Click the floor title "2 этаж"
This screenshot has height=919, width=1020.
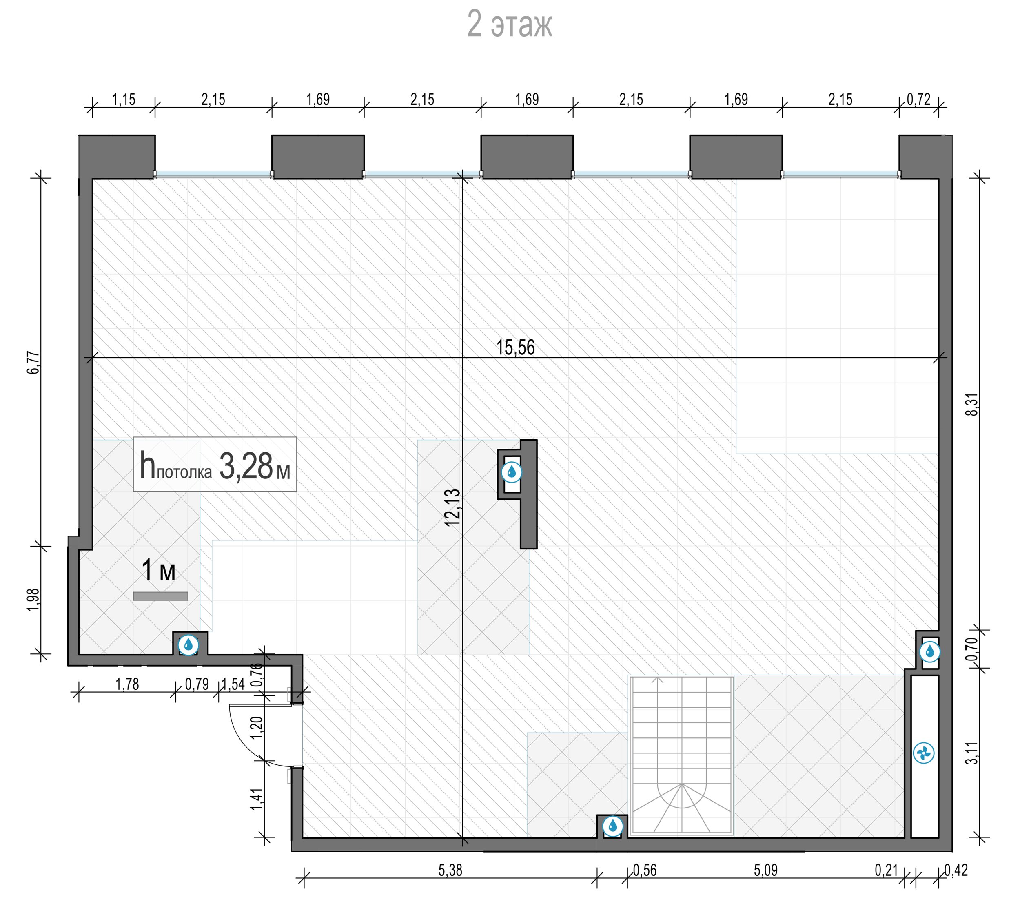point(510,24)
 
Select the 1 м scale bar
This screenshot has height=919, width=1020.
point(161,596)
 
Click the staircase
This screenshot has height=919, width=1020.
point(681,756)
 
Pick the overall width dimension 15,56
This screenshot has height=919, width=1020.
point(515,348)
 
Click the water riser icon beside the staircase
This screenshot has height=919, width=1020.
point(612,826)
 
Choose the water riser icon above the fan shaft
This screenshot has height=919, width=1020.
point(929,652)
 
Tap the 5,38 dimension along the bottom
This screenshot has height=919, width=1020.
point(450,870)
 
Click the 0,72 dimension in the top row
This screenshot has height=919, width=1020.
point(918,100)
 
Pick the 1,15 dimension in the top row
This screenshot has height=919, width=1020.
point(123,100)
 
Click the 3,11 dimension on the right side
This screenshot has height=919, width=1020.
point(972,753)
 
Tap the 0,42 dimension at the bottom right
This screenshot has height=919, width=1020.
point(956,870)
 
